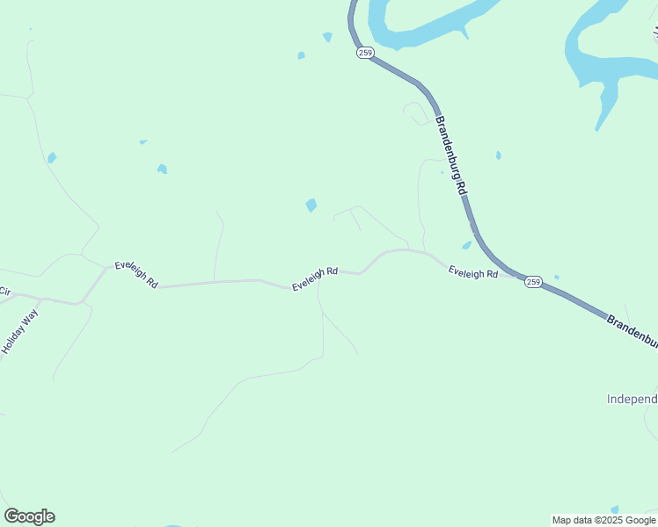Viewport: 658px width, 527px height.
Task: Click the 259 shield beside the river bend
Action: [365, 53]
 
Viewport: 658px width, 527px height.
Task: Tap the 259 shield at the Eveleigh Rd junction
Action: [533, 281]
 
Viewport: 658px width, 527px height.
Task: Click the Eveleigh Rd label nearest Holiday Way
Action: [136, 275]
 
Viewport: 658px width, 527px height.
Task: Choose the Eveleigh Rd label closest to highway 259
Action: [473, 273]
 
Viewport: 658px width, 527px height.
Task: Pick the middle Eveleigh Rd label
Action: [315, 278]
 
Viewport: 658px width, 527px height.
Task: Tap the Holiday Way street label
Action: [19, 330]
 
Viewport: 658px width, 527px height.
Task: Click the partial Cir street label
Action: [4, 291]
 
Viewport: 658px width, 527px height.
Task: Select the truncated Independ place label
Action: [632, 399]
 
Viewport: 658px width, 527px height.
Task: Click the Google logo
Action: [29, 516]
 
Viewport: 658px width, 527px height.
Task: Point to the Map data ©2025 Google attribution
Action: [604, 520]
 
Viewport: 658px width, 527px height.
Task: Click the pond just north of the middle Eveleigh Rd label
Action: [311, 205]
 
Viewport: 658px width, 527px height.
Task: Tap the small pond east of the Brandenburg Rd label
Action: [498, 155]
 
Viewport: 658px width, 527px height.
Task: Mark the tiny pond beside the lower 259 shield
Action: [556, 277]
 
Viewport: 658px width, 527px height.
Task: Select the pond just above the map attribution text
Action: [614, 509]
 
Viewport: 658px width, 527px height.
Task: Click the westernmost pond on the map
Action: [52, 158]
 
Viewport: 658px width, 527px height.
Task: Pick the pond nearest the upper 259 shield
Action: [328, 37]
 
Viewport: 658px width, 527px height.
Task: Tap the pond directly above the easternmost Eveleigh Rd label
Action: [466, 246]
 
